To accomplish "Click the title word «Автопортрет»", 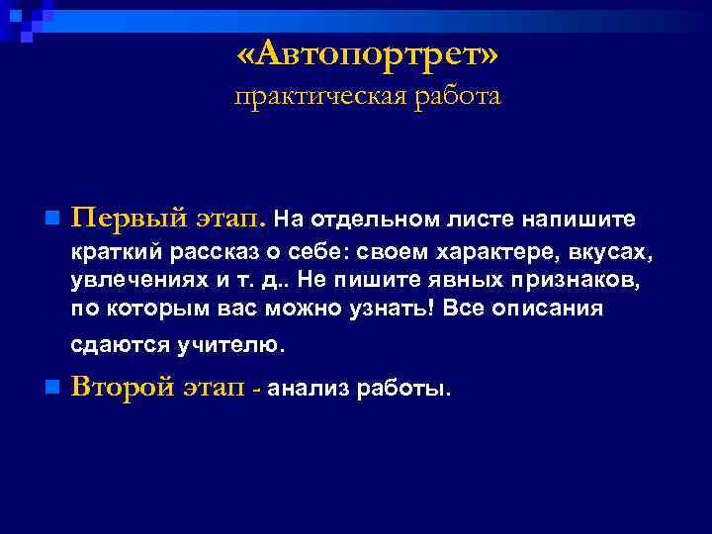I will tap(368, 56).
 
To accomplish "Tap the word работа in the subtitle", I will tap(452, 97).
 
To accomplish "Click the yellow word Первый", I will tap(122, 217).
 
